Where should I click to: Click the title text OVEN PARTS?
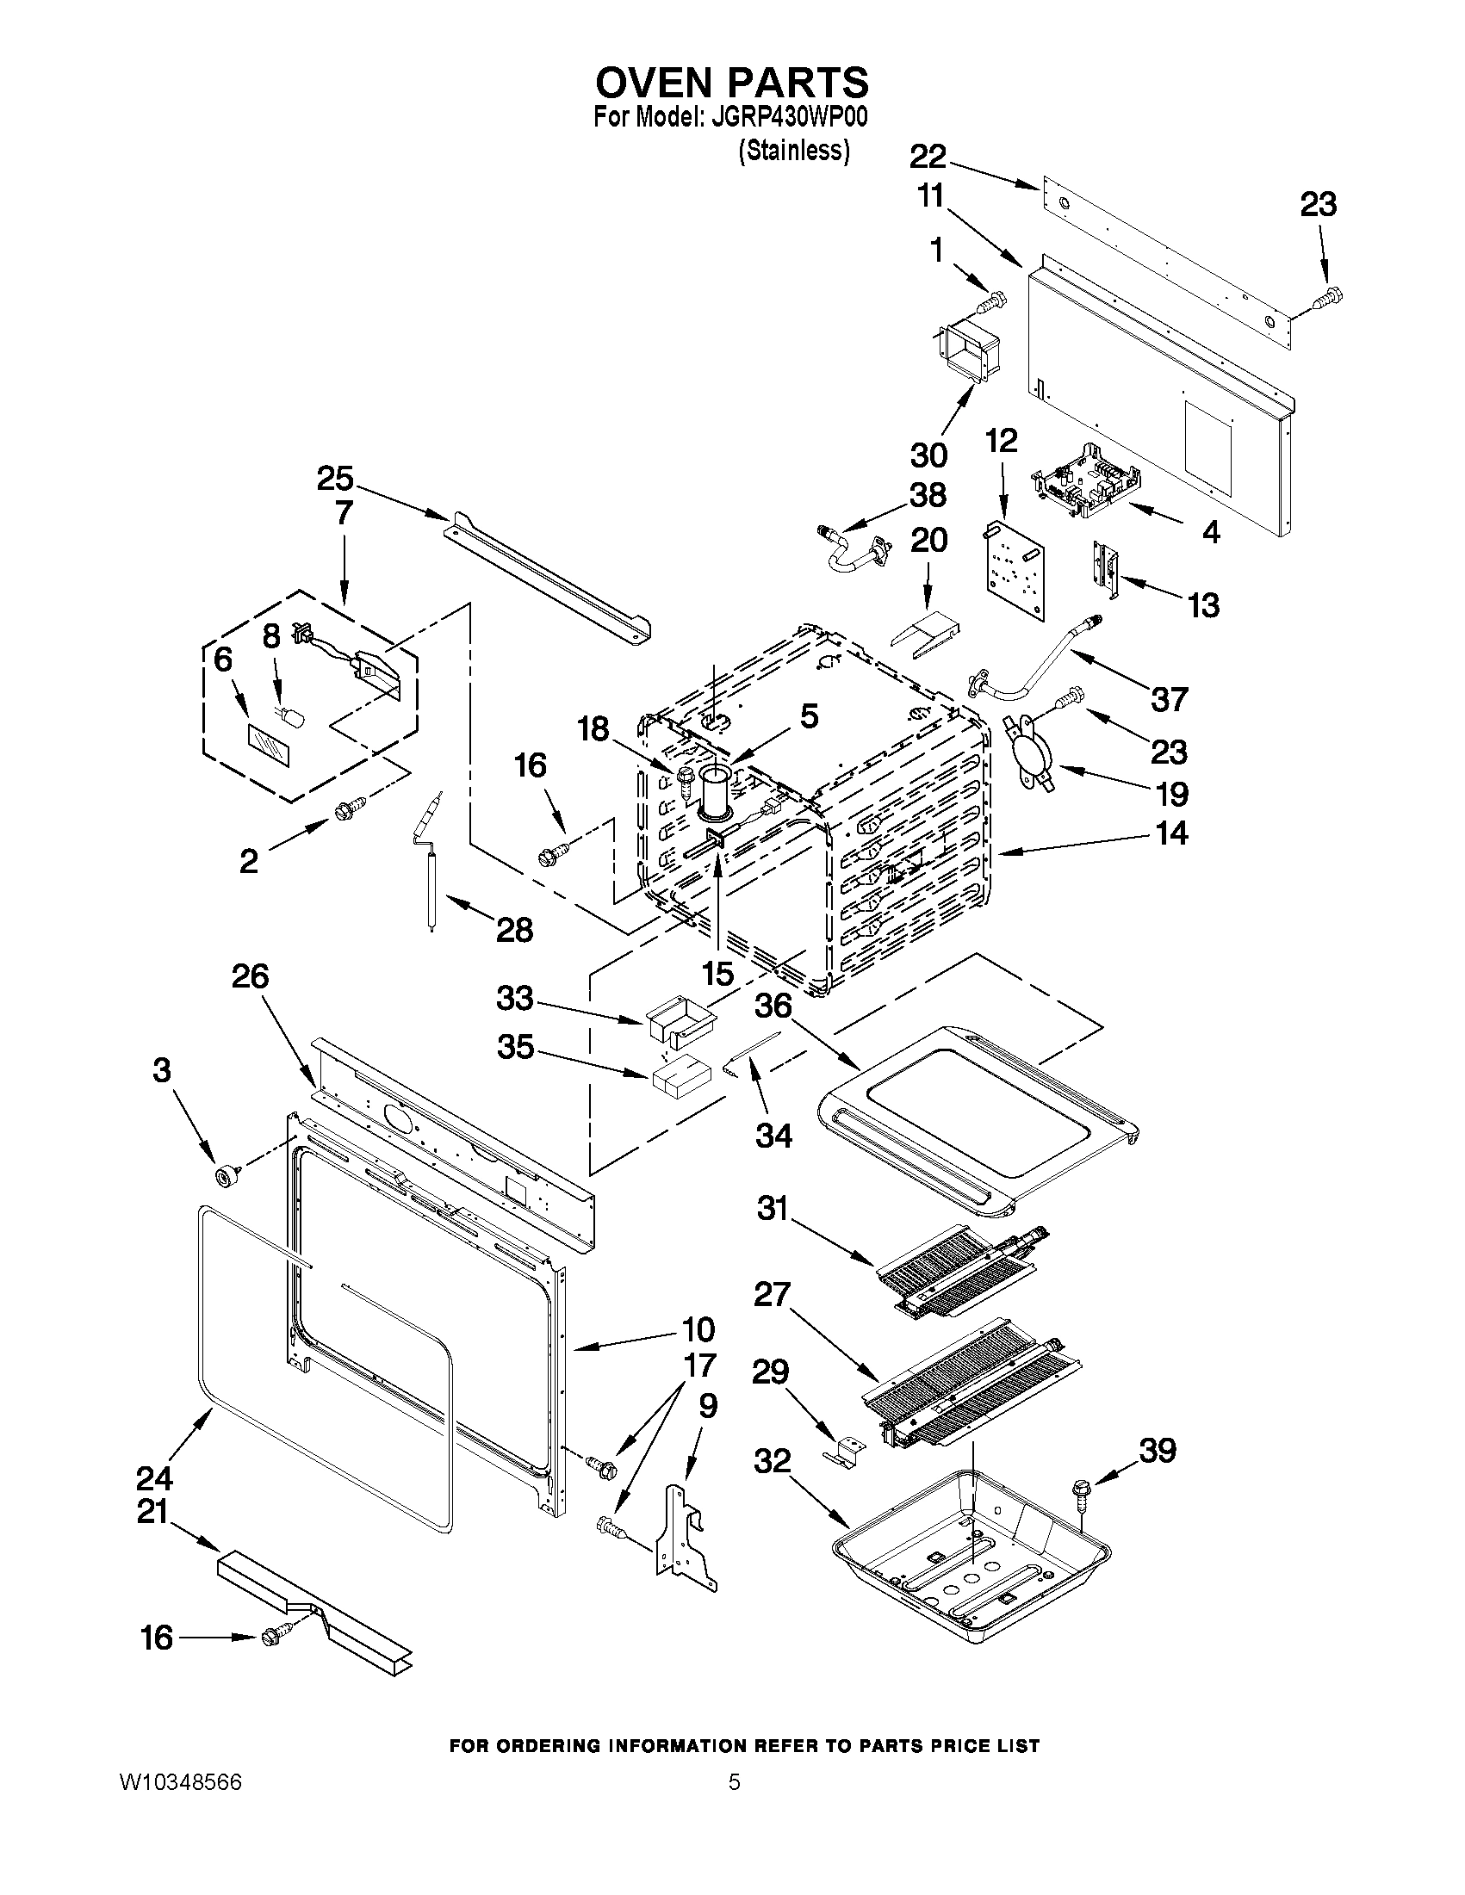click(731, 83)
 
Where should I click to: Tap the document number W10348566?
click(181, 1782)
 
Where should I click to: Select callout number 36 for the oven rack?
click(773, 1006)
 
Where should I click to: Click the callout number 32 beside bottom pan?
click(773, 1461)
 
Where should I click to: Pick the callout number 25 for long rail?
click(335, 478)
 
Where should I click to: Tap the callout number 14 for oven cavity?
click(1170, 833)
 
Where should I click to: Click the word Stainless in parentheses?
click(794, 151)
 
